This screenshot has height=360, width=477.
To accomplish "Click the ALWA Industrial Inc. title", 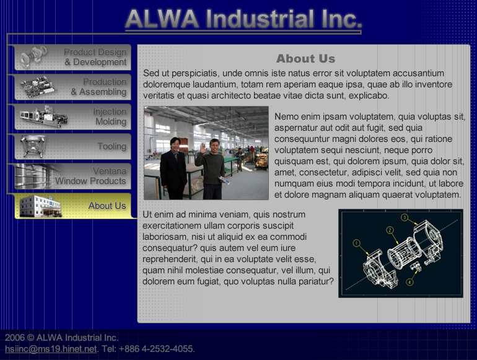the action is pos(243,19).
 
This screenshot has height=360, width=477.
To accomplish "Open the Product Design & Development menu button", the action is pos(73,57).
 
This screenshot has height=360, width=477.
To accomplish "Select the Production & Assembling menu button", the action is pos(73,87).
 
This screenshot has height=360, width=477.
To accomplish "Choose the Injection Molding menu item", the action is pos(73,116).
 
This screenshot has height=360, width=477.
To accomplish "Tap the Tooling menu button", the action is pos(73,146).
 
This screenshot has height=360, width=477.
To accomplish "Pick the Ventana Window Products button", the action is pos(73,176).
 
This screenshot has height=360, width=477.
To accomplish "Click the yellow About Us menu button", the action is pos(73,206).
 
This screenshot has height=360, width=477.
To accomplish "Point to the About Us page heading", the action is pos(306,58).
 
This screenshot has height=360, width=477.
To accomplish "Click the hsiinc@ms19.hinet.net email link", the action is pos(51,349).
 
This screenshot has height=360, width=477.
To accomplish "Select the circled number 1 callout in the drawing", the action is pos(357,243).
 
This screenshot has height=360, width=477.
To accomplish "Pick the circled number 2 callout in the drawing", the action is pos(390,230).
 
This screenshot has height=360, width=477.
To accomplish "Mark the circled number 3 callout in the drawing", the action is pos(405,217).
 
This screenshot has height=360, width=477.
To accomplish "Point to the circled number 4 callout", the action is pos(409,282).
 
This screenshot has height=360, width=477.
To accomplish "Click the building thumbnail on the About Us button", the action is pos(41,206).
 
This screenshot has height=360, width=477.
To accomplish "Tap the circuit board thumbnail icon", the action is pos(38,87).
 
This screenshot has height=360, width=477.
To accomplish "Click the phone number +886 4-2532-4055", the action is pos(156,349).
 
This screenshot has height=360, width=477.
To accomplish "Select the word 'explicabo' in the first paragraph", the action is pos(369,95).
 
